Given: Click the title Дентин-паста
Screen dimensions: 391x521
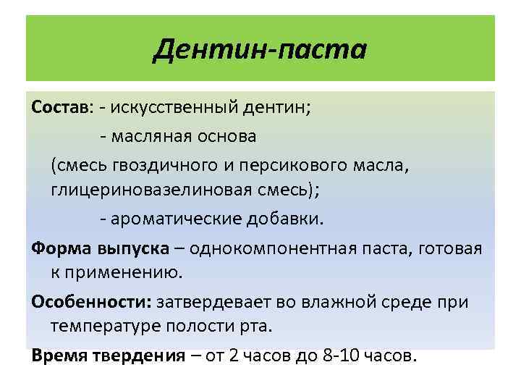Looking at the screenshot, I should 260,50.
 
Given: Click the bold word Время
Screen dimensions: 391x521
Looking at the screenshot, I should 61,356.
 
